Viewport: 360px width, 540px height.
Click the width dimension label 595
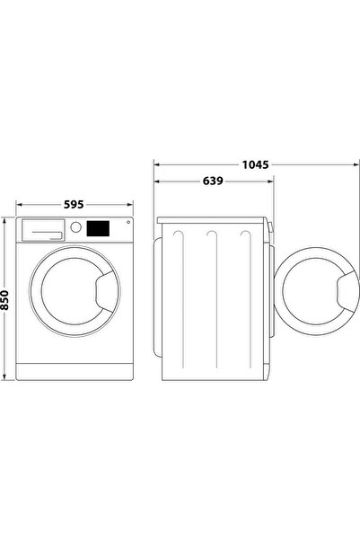75,204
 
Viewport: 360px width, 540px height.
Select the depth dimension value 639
212,181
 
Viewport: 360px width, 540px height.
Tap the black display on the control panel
98,229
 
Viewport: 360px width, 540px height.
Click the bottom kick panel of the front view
75,369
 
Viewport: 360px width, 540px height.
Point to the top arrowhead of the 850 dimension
7,220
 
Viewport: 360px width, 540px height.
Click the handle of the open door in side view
346,289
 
